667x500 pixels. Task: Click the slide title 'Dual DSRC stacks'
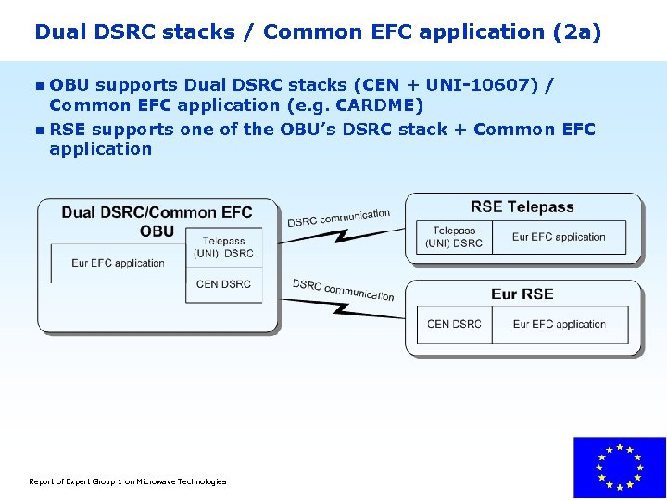point(134,31)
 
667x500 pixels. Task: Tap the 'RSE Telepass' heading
point(522,207)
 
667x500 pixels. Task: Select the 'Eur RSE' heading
point(522,294)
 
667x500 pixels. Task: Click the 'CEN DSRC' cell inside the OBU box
point(223,284)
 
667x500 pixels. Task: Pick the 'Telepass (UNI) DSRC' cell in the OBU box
point(223,247)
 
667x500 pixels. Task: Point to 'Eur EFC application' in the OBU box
point(118,263)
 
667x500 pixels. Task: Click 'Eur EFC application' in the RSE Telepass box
point(559,237)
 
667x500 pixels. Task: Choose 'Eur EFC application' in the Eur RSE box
point(559,324)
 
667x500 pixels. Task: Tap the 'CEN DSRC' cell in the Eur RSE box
point(454,324)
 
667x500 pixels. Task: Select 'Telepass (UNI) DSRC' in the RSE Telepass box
point(454,237)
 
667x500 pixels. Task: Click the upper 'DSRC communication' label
point(338,218)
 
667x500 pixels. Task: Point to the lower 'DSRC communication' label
point(343,289)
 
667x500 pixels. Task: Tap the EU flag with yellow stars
point(619,468)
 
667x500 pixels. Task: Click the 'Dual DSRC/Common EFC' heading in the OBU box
point(157,213)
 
